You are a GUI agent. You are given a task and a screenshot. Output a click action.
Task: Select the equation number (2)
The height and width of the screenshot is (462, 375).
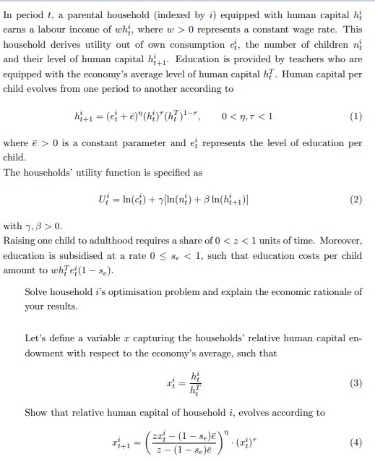[355, 200]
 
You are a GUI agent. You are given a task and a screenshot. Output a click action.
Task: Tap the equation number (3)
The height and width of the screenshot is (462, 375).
[355, 384]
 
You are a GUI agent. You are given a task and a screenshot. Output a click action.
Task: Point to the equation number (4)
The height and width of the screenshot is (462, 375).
[355, 441]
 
